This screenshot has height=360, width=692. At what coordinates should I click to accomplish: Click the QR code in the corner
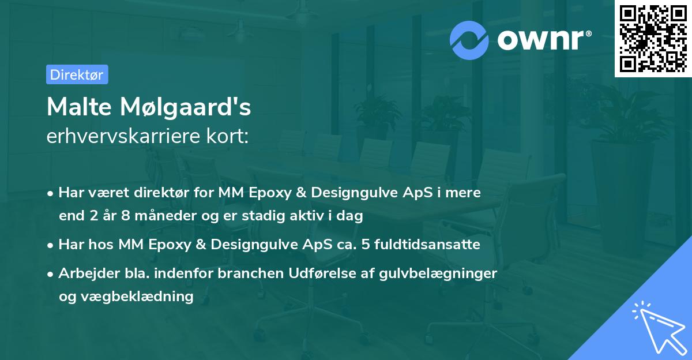pos(653,39)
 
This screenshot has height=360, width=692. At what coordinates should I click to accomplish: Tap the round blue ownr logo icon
pos(469,40)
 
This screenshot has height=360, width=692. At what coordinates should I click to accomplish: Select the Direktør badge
pos(77,74)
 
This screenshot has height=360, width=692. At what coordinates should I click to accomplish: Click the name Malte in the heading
pos(78,107)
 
